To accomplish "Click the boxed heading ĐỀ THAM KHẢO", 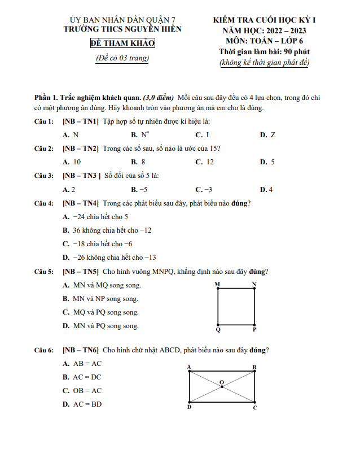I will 122,43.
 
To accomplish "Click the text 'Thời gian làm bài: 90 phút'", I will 264,52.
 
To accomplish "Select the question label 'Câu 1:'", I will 44,121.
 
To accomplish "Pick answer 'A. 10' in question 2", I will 72,162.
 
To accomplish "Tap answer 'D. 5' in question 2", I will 267,162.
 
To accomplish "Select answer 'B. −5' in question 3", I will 139,189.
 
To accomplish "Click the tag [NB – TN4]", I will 81,203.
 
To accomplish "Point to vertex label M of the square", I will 217,284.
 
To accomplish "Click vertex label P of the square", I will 254,329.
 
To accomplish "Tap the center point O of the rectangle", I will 221,387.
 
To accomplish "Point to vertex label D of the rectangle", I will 189,407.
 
